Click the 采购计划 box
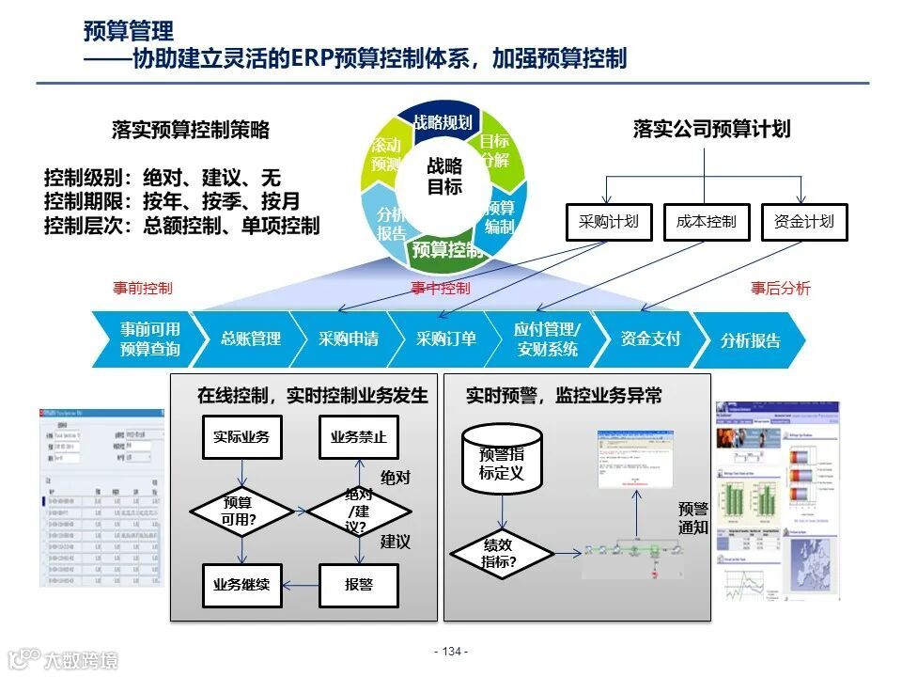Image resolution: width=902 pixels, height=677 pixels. point(609,222)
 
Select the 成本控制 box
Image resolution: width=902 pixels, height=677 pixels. point(707,222)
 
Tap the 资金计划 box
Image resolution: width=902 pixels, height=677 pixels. point(803,222)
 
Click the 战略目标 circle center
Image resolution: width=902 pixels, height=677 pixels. point(444,176)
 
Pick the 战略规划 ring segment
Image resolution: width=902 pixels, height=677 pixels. point(443,122)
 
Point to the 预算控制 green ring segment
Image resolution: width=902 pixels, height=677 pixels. point(447,249)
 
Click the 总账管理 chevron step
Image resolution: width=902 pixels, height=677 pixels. point(250,339)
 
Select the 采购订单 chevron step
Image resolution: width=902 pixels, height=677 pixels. point(446,339)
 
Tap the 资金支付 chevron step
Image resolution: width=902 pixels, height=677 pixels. point(650,339)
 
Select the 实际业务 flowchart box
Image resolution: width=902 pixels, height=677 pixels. point(241,437)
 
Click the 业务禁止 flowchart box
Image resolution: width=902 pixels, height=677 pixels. point(358,437)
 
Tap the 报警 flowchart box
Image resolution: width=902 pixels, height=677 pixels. point(358,585)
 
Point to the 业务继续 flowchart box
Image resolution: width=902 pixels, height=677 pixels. point(241,585)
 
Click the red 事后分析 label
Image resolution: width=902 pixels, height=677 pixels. point(780,289)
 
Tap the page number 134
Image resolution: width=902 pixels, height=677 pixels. point(451,652)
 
